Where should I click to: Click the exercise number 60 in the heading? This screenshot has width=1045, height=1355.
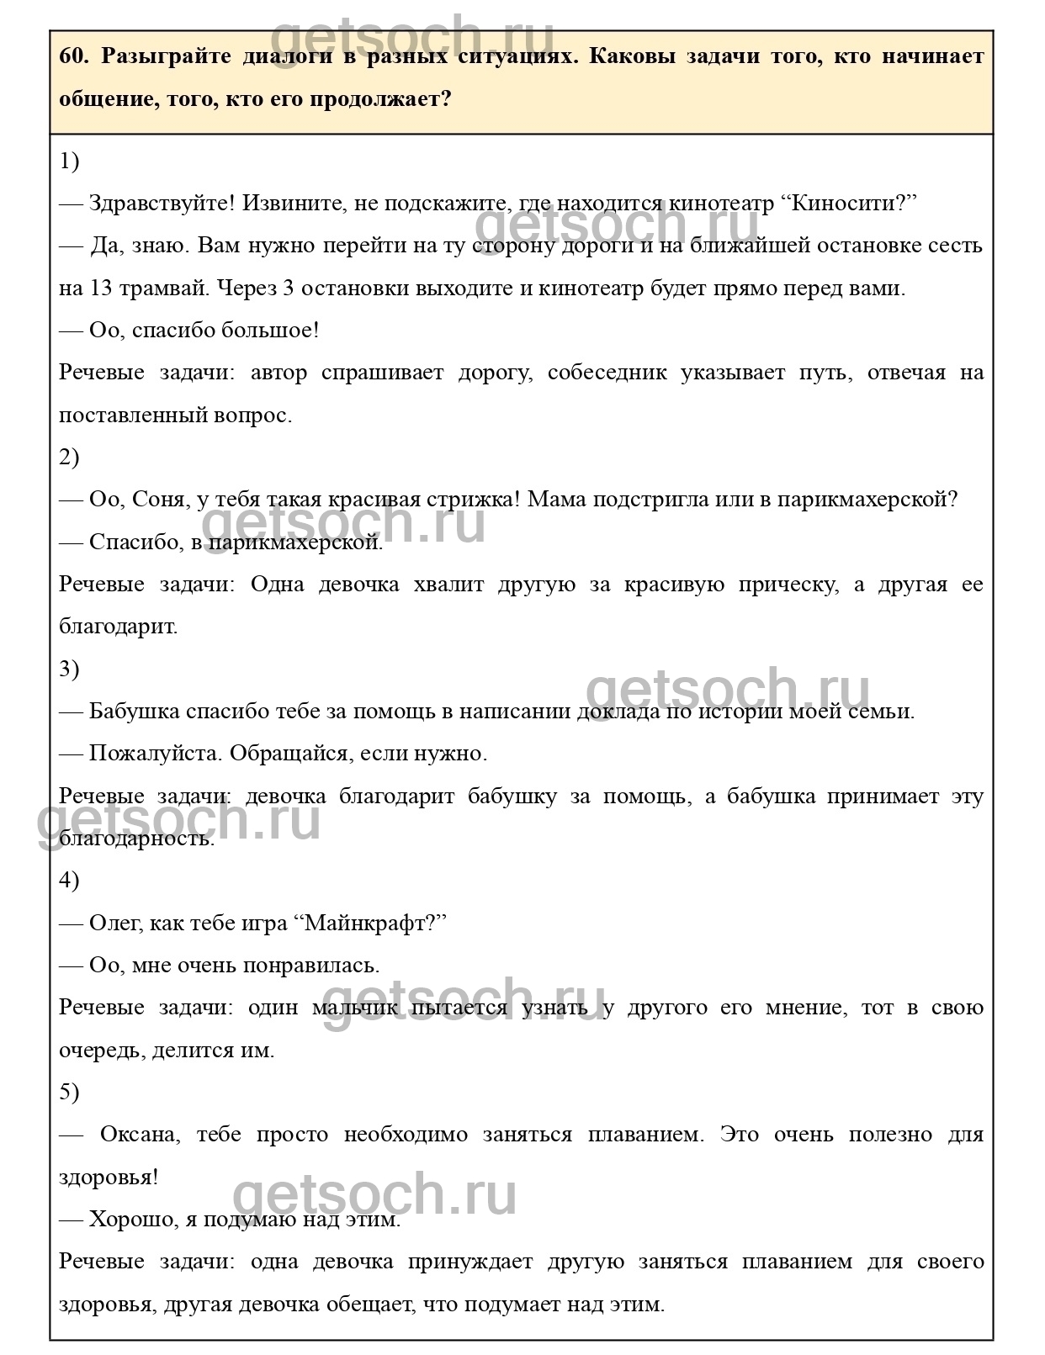click(x=72, y=56)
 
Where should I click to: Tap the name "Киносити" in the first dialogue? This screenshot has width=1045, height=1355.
click(x=849, y=204)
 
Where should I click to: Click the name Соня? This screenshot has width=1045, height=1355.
click(x=158, y=500)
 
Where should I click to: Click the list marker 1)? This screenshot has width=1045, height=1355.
click(x=69, y=161)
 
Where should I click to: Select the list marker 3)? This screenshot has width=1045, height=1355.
click(x=69, y=669)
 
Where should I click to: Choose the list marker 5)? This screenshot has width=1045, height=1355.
click(x=69, y=1092)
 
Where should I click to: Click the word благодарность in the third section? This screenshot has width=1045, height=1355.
click(x=136, y=839)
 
